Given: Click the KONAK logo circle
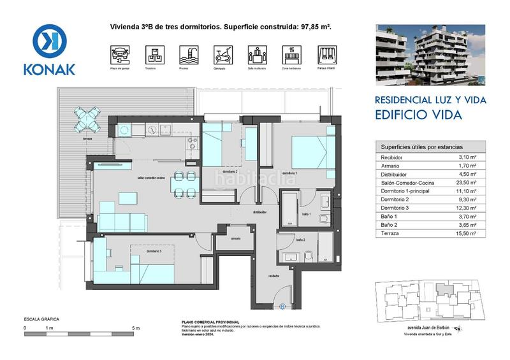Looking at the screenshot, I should click(x=49, y=41).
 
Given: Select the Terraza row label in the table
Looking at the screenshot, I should click(x=390, y=234).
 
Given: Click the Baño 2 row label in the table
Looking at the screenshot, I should click(x=390, y=225).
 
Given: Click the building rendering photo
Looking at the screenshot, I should click(x=430, y=55).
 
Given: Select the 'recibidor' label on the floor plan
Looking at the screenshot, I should click(x=273, y=275).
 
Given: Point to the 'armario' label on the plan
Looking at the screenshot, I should click(x=236, y=238).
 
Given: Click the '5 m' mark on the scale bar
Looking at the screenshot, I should click(x=135, y=328).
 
